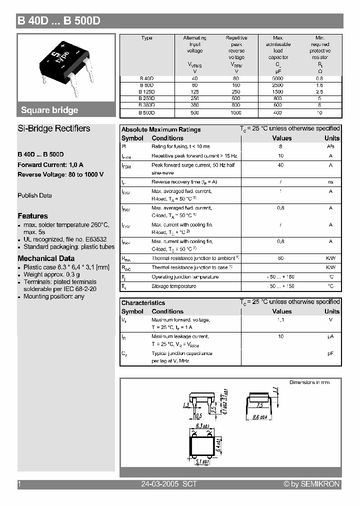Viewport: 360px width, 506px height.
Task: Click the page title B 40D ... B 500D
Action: point(59,21)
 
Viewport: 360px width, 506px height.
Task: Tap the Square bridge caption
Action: point(49,110)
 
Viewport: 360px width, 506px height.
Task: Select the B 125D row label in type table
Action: point(146,92)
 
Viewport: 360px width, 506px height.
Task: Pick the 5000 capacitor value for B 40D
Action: point(278,78)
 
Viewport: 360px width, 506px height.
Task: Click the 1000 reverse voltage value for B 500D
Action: point(236,113)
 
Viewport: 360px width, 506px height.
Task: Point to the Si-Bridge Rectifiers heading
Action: point(54,128)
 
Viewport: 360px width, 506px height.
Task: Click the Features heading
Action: point(32,216)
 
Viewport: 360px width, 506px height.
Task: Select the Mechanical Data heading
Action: point(46,258)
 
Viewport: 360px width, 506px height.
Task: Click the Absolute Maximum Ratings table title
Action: point(161,129)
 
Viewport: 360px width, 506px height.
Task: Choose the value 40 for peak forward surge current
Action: point(280,165)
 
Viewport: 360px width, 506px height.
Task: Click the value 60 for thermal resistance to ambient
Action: point(280,258)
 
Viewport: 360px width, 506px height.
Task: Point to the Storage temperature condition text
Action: point(173,286)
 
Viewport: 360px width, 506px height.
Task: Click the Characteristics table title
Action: point(143,303)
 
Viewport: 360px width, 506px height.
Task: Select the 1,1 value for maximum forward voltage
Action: point(280,320)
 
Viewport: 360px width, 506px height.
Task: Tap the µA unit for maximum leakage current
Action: point(330,337)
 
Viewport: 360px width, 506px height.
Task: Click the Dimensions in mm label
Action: point(309,382)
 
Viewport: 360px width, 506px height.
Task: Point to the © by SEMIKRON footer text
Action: point(311,484)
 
